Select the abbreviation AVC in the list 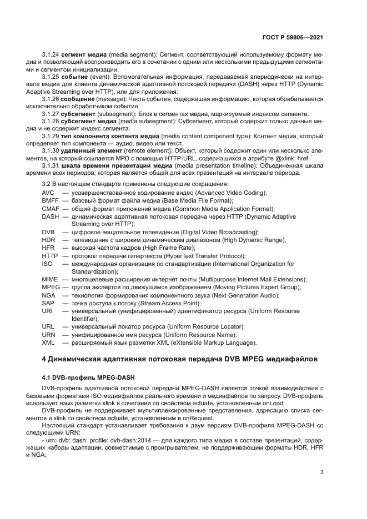click(48, 193)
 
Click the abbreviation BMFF click(50, 200)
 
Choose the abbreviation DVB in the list click(48, 232)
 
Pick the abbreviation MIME click(49, 279)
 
